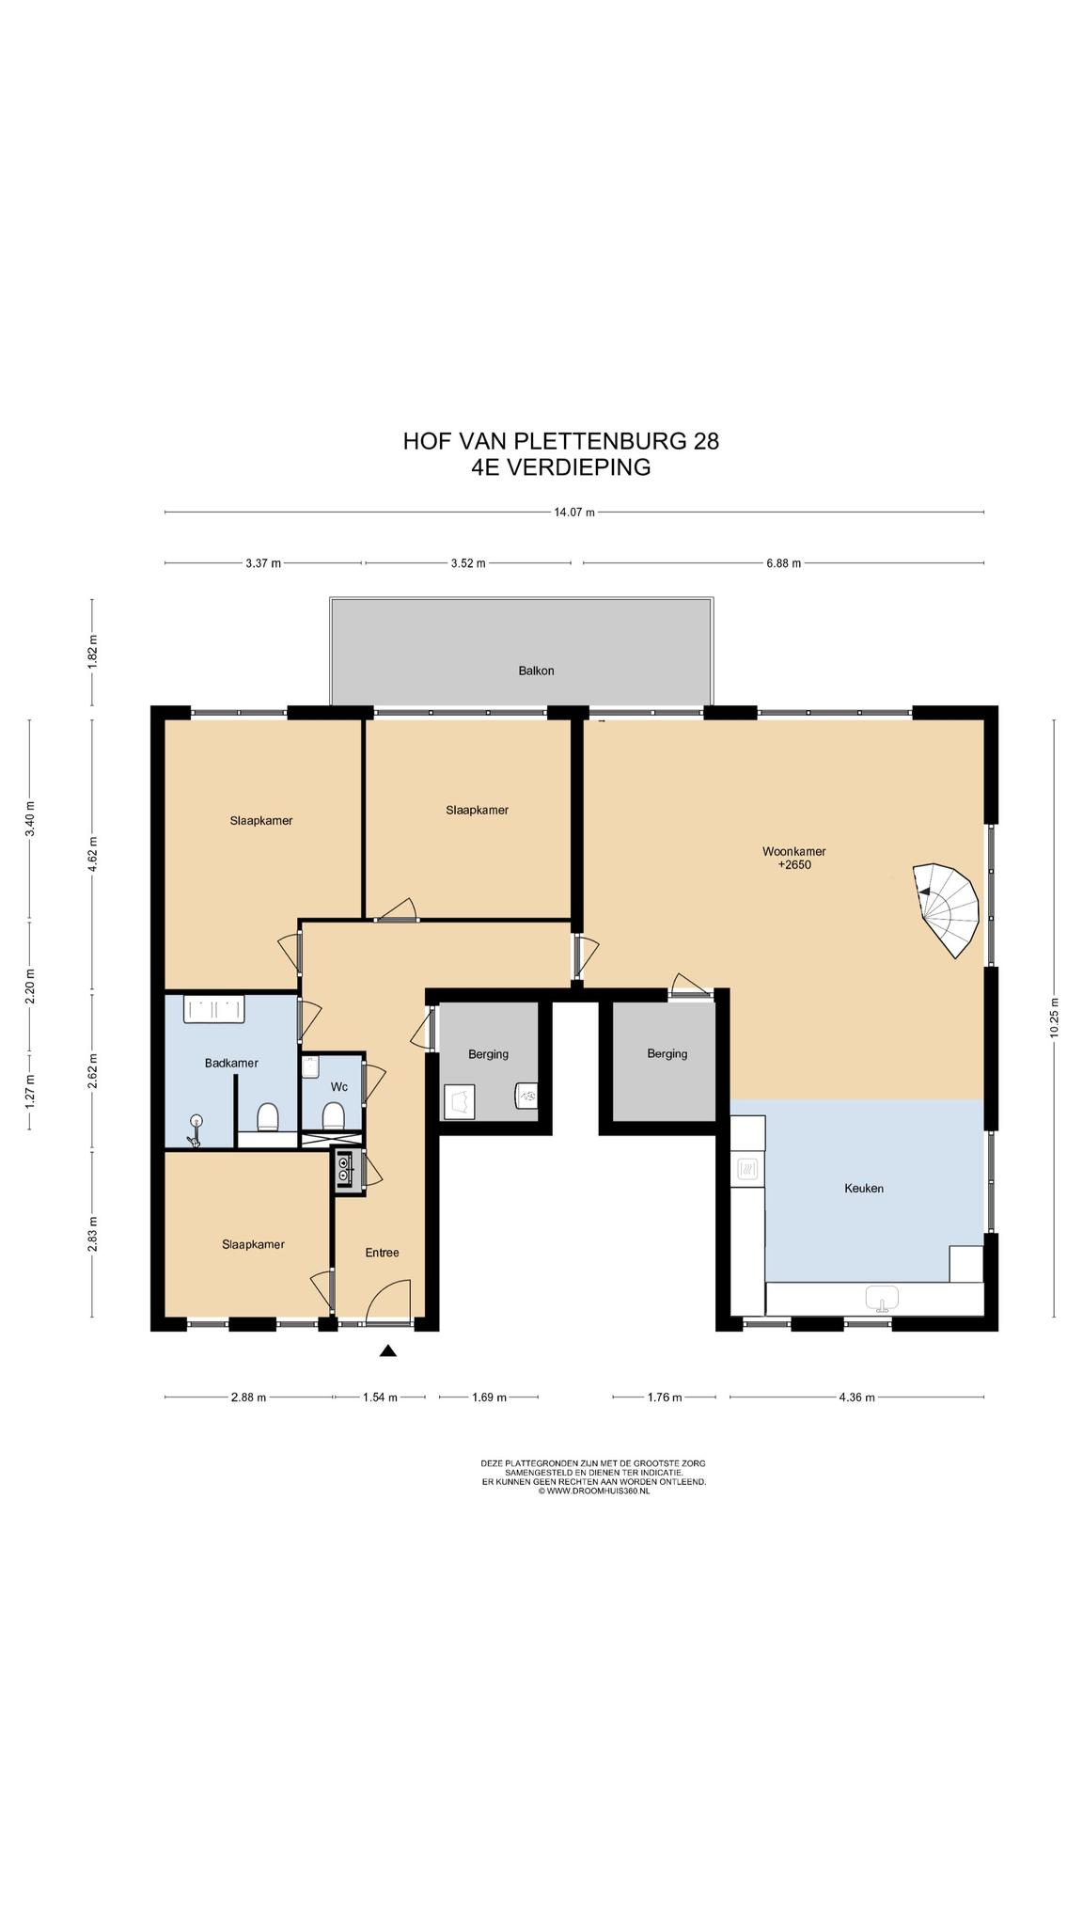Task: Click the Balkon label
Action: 536,671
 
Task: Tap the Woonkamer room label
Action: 794,852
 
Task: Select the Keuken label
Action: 864,1188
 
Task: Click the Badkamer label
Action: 231,1063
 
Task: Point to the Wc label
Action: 339,1086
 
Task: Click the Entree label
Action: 382,1253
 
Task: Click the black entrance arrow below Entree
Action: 387,1351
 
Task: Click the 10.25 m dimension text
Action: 1054,1017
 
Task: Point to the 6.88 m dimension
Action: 783,563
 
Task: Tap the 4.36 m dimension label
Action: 856,1397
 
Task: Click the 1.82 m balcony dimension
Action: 92,651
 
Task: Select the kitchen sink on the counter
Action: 882,1298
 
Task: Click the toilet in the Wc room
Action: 332,1116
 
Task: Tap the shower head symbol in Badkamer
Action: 196,1129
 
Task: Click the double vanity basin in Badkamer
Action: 214,1009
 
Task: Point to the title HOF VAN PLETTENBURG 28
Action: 561,441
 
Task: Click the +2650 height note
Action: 794,864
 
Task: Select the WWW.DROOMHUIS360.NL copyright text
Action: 593,1491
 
